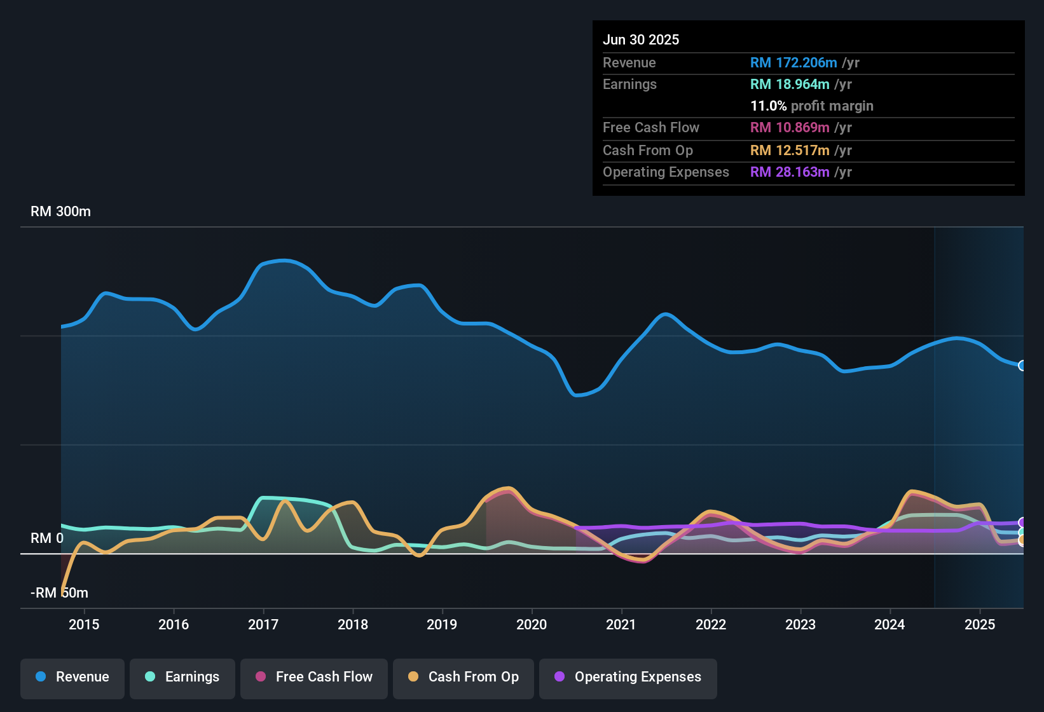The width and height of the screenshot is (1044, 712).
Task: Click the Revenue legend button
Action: pyautogui.click(x=72, y=677)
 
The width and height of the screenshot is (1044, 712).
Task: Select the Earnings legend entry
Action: pyautogui.click(x=182, y=677)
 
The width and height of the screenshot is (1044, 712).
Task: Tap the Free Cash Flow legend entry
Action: pyautogui.click(x=314, y=677)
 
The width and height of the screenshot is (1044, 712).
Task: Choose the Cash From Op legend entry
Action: pyautogui.click(x=464, y=677)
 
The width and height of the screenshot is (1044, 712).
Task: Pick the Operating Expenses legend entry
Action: pyautogui.click(x=628, y=677)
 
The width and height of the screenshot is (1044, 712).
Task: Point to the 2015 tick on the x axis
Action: pyautogui.click(x=84, y=624)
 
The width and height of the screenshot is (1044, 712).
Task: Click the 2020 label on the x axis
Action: pyautogui.click(x=532, y=624)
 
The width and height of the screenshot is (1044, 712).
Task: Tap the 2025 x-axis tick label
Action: pyautogui.click(x=979, y=624)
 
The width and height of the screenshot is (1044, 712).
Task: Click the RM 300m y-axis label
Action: pyautogui.click(x=60, y=212)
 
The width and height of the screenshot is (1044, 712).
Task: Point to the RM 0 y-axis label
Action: pyautogui.click(x=47, y=538)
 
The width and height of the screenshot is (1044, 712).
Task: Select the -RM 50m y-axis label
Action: pyautogui.click(x=59, y=593)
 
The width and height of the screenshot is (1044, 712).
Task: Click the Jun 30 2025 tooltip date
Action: pyautogui.click(x=641, y=40)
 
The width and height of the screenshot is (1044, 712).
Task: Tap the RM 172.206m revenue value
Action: pyautogui.click(x=793, y=63)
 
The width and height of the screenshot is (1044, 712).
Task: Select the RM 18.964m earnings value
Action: pyautogui.click(x=790, y=85)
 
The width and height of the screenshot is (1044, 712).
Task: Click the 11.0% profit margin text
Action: pyautogui.click(x=811, y=106)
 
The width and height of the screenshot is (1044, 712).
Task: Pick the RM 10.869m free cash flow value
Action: pyautogui.click(x=790, y=128)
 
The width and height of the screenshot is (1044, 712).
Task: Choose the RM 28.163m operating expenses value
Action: pyautogui.click(x=790, y=172)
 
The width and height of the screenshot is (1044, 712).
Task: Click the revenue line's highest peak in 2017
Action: pyautogui.click(x=284, y=261)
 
